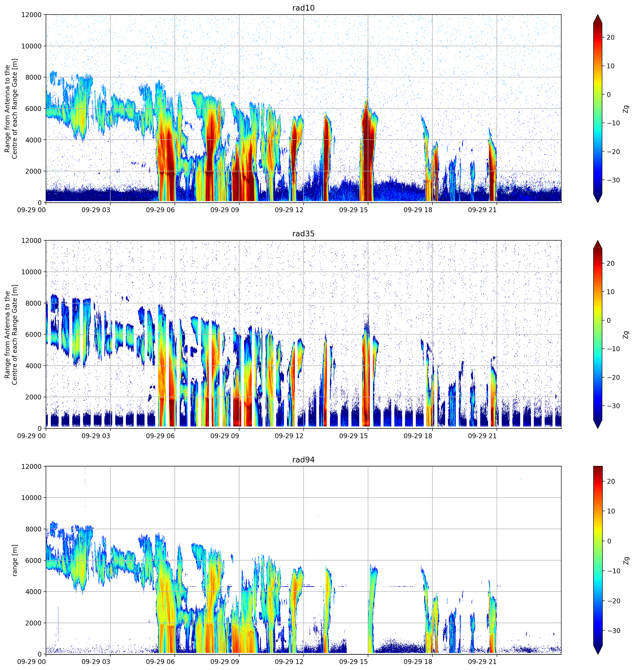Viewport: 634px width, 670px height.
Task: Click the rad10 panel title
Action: coord(303,8)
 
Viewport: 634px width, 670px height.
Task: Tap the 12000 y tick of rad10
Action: coord(31,15)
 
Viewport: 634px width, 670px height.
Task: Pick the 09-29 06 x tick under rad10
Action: coord(160,210)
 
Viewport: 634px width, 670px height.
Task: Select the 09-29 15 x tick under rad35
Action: coord(353,436)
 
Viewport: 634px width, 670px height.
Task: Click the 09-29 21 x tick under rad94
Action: coord(482,661)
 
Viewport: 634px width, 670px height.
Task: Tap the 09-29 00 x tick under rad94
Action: coord(31,661)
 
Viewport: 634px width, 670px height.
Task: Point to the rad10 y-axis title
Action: coord(11,109)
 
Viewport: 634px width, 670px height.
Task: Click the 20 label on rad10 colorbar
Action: coord(610,37)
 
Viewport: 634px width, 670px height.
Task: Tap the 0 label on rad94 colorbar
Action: coord(609,541)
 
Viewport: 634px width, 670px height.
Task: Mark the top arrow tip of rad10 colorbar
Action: coord(598,15)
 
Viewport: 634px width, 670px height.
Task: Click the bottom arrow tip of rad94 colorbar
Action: coord(598,654)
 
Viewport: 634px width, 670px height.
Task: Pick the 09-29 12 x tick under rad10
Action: coord(289,210)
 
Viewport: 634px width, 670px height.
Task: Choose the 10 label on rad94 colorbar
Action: coord(611,511)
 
